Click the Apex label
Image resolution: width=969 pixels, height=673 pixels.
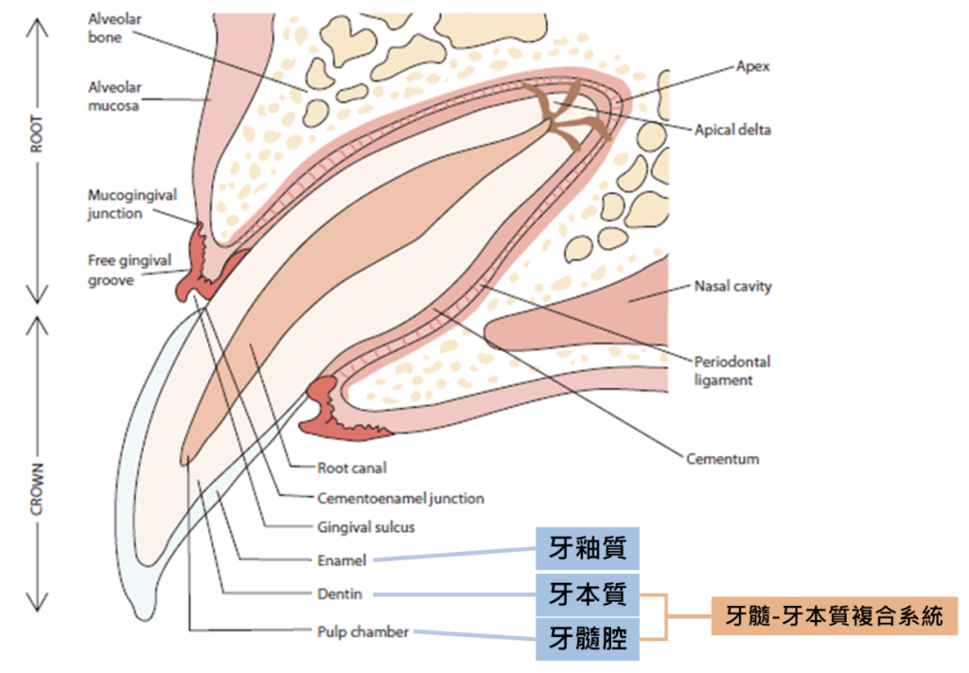coord(753,67)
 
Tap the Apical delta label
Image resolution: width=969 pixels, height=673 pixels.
coord(732,130)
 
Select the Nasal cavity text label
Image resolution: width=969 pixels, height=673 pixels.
coord(732,286)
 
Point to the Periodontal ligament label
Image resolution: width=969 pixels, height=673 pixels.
coord(731,370)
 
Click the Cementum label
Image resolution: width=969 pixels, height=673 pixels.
coord(722,459)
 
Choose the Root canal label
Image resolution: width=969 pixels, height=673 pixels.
coord(352,468)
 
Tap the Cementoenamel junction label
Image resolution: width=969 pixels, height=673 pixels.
coord(400,498)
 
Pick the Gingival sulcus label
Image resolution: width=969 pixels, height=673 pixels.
coord(366,527)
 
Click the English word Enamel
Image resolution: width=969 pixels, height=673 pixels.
coord(342,560)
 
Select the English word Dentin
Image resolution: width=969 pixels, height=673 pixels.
coord(339,594)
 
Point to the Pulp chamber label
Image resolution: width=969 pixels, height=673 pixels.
coord(362,631)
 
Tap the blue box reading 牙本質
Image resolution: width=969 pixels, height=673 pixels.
coord(588,594)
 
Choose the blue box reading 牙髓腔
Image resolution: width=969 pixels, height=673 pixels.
coord(588,639)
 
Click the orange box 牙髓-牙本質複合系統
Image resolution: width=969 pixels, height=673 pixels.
coord(834,616)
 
